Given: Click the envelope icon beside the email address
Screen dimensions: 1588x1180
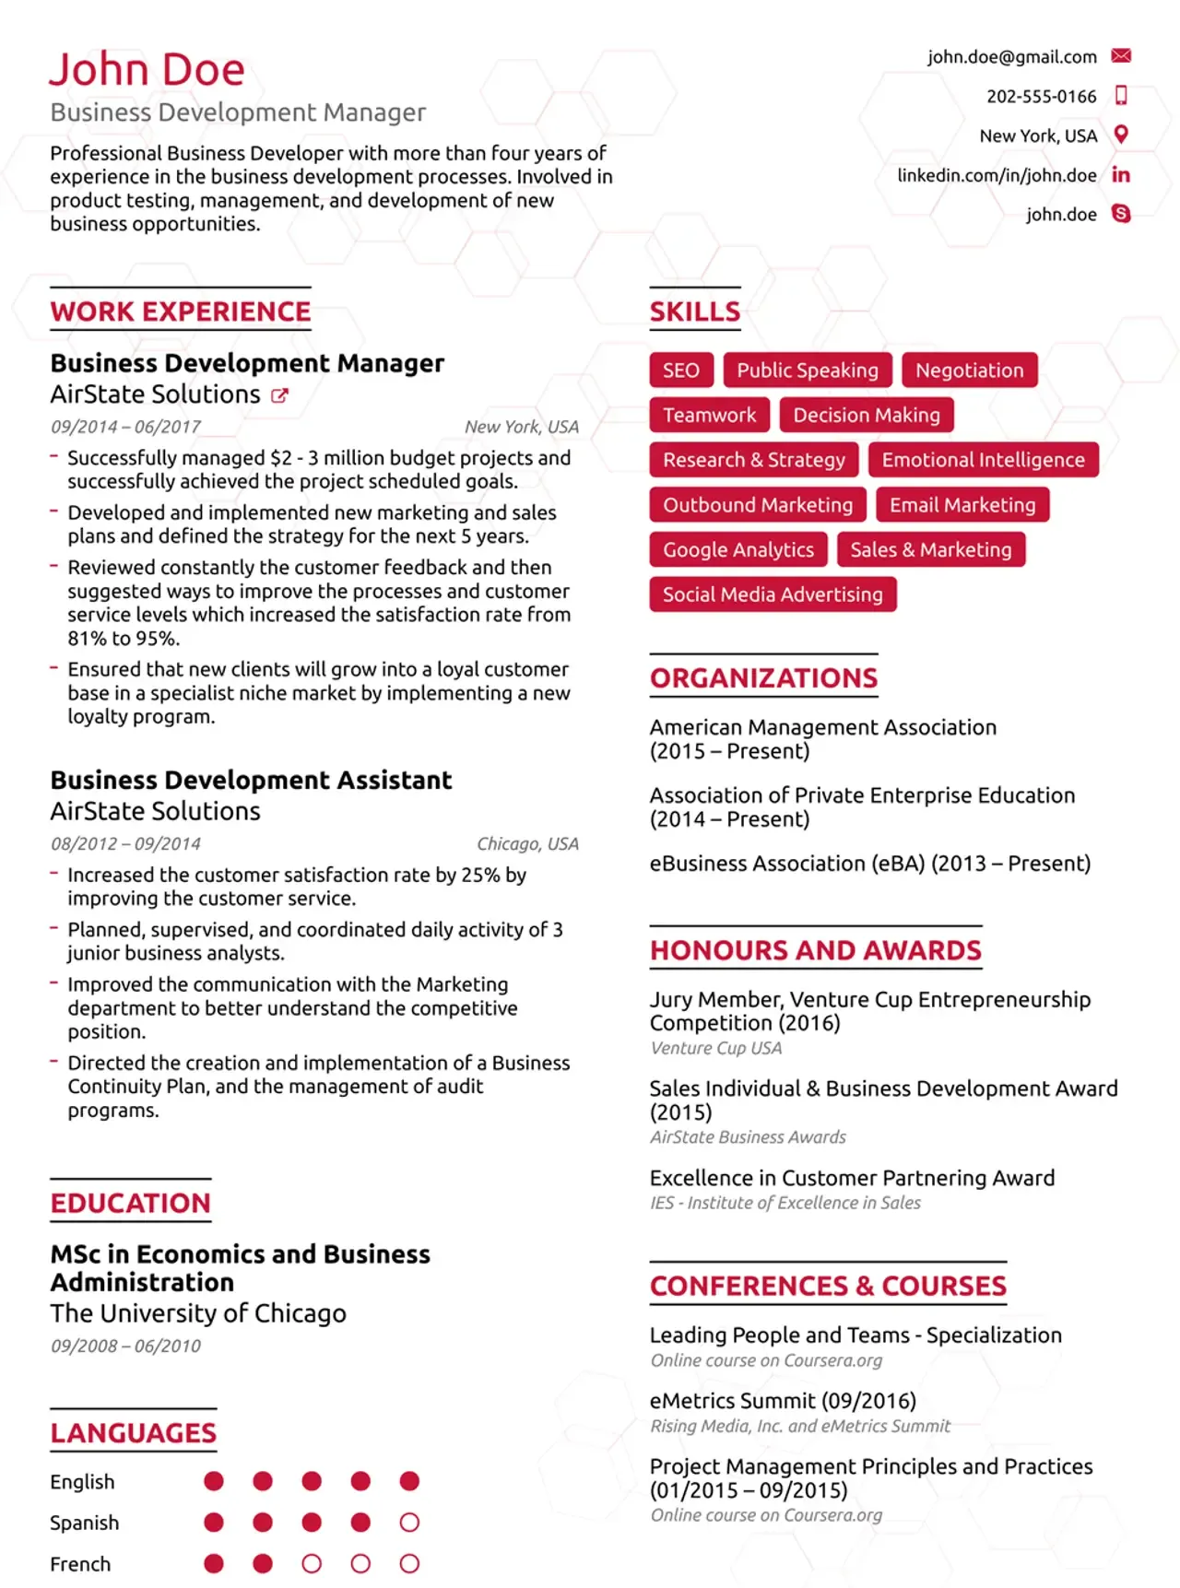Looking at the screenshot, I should pos(1121,56).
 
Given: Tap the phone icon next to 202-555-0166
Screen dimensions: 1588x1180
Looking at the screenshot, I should pos(1121,95).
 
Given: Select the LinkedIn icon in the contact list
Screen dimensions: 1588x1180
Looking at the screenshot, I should pos(1121,175).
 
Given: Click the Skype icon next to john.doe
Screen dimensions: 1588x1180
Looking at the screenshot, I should pos(1121,214).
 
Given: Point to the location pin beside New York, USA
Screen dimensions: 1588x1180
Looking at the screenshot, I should pos(1121,135).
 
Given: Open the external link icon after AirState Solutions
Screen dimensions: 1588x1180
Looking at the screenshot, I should pos(279,395).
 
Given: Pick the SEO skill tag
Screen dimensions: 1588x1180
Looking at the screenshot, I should pos(681,371).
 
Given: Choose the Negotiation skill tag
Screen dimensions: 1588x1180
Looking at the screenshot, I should pos(970,371).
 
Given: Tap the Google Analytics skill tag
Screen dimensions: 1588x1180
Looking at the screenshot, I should pos(738,550).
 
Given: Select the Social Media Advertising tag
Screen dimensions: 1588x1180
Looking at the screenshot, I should pos(773,594).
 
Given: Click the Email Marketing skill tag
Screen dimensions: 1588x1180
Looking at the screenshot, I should pos(962,505).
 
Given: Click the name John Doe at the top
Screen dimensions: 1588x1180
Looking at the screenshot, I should pos(147,70).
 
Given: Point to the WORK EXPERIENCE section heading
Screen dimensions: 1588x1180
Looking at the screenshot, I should pos(181,312).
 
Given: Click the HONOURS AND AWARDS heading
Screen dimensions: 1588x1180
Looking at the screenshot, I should pos(816,950).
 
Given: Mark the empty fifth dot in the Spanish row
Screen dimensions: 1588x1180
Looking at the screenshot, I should pos(409,1523).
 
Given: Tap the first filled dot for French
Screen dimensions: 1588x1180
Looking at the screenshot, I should pos(214,1564).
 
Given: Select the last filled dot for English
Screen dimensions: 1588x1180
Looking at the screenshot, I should pos(409,1481).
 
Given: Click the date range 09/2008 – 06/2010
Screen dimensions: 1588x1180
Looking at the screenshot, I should pos(125,1346).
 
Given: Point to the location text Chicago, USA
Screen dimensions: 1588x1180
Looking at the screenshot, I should pos(527,844).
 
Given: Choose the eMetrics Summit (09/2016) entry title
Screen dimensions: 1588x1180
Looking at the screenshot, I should pos(783,1401).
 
